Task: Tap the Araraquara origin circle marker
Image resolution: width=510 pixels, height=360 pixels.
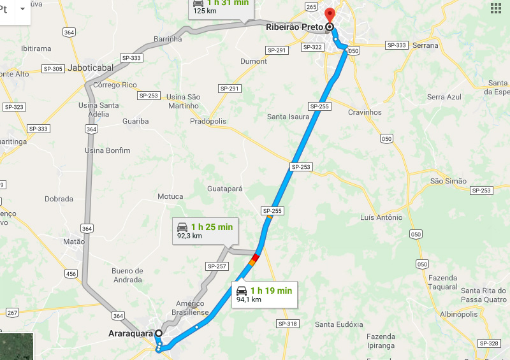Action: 158,333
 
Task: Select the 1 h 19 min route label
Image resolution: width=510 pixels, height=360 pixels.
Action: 264,294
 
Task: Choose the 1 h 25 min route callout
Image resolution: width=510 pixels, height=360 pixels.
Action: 205,230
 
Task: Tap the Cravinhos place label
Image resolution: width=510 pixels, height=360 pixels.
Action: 365,112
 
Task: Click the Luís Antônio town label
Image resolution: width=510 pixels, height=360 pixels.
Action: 381,217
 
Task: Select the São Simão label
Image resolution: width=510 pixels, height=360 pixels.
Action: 448,181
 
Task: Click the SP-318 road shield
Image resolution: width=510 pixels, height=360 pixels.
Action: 288,324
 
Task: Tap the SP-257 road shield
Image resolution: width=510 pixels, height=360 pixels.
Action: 217,266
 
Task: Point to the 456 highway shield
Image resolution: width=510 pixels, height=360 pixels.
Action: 71,274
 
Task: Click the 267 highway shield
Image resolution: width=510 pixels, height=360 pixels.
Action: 12,312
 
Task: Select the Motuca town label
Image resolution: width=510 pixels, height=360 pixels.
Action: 170,196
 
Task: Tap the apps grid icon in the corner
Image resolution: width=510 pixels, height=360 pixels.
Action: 496,8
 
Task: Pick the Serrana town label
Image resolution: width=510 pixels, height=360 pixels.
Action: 425,45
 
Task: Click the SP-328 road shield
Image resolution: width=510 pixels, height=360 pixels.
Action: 488,343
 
